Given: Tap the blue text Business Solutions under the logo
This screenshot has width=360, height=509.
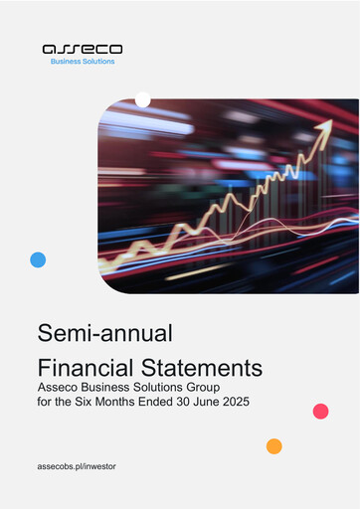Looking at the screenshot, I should tap(83, 62).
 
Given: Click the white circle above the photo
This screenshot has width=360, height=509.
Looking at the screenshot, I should tap(142, 99).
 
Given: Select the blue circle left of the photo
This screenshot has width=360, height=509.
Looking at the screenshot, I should tap(38, 259).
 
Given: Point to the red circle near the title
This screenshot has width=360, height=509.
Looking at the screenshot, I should tap(320, 411).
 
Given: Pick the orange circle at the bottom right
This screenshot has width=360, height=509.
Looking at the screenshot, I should tap(273, 445).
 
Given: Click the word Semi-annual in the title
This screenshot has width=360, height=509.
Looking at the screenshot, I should tap(90, 332).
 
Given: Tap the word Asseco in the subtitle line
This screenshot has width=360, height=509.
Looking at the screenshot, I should tap(59, 388).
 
